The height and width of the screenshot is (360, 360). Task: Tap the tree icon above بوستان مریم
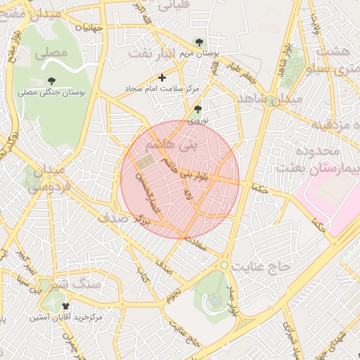200,42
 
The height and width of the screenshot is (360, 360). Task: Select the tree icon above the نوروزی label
198,109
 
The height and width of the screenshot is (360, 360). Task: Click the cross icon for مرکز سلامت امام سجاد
162,77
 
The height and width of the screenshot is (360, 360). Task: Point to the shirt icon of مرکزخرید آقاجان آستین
66,307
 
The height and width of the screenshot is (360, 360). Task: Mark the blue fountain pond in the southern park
214,300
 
